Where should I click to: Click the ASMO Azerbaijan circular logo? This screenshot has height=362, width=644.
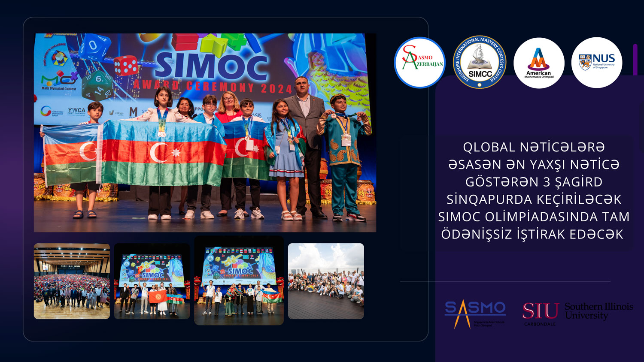click(419, 63)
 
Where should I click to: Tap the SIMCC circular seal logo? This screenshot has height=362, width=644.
click(480, 62)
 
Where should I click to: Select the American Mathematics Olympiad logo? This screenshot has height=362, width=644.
click(539, 63)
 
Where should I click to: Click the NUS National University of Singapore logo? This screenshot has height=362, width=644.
click(597, 63)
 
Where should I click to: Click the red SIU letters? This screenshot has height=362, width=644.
click(541, 311)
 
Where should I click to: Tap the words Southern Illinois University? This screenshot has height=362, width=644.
click(598, 311)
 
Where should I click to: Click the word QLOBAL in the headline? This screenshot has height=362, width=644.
click(489, 147)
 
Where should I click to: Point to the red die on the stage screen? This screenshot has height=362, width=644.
click(126, 66)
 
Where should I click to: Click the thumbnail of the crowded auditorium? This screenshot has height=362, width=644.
click(72, 281)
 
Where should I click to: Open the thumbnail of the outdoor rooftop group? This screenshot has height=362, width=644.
click(326, 281)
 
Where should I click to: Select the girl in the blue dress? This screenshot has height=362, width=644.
click(286, 154)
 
